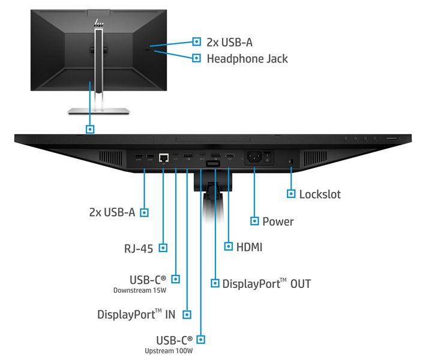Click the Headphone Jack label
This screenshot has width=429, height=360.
[247, 59]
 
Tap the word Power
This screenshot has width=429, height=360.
[278, 221]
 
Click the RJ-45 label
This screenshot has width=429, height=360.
[137, 247]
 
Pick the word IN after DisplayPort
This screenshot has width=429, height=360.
[172, 314]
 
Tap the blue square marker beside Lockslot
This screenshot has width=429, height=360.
[291, 194]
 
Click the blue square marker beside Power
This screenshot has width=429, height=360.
[254, 221]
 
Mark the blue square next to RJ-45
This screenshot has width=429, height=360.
[163, 247]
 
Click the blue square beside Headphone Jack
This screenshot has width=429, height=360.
[196, 58]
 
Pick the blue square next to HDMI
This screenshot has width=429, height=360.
[229, 246]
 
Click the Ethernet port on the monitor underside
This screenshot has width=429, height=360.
[163, 158]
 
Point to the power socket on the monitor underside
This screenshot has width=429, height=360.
[254, 158]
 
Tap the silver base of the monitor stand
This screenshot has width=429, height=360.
[98, 110]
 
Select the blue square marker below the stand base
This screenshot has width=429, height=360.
[90, 128]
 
